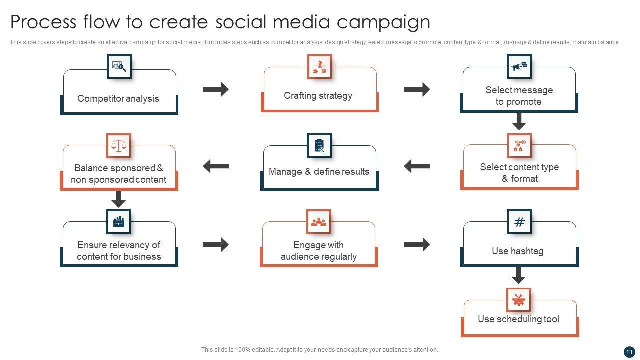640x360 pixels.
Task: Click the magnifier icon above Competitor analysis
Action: [119, 67]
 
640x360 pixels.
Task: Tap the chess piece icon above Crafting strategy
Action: [319, 67]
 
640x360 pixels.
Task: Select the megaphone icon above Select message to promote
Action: [519, 67]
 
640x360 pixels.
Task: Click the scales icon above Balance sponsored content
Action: [119, 146]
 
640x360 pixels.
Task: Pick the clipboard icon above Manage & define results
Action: [319, 146]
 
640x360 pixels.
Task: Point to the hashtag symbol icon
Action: [519, 222]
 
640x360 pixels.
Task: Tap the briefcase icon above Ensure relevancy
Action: [119, 222]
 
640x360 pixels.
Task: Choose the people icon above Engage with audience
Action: [319, 222]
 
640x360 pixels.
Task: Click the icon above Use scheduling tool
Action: [519, 300]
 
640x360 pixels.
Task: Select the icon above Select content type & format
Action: [519, 146]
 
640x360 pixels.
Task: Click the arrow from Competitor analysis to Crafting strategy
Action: [216, 89]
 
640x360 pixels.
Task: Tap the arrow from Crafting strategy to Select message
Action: [417, 89]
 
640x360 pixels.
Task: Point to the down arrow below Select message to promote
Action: [519, 122]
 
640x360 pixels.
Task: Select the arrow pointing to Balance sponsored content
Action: [216, 166]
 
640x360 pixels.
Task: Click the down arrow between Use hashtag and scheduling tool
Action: [519, 275]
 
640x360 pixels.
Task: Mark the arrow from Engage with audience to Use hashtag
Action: [417, 244]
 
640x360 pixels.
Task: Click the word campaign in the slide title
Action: [383, 22]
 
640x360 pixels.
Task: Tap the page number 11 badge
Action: [629, 352]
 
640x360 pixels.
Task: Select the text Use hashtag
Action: [518, 251]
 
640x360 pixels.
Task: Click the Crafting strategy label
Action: [318, 96]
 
